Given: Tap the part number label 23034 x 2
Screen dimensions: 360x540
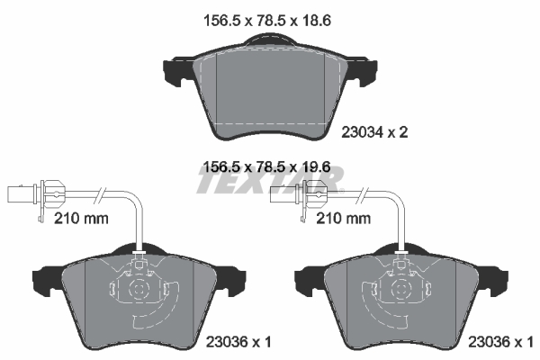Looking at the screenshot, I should (x=375, y=132).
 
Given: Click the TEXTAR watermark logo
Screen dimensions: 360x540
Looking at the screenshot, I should (x=270, y=184).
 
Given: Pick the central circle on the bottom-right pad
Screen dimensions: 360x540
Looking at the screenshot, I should (x=400, y=290).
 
